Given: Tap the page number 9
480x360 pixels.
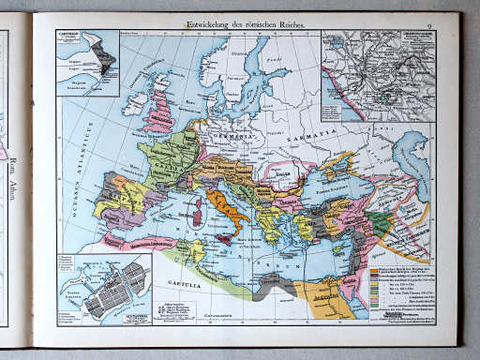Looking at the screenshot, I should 428,21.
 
